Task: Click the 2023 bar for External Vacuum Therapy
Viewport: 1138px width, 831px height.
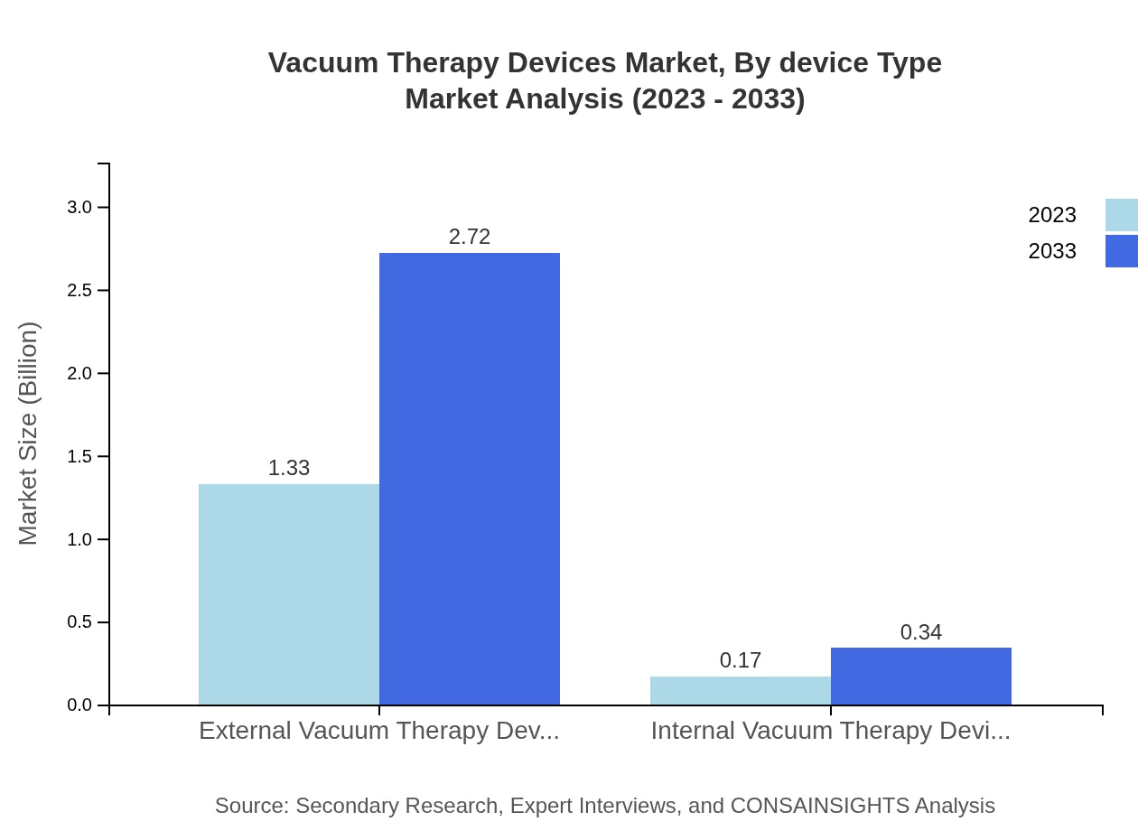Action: tap(289, 594)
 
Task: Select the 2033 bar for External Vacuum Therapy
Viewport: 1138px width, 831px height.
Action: tap(470, 479)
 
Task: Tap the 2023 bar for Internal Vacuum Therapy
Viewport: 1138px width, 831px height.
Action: tap(741, 691)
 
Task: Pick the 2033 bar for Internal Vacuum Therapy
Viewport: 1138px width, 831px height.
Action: tap(921, 677)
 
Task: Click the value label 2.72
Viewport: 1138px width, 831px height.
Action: tap(470, 237)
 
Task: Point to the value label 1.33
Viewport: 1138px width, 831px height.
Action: tap(289, 468)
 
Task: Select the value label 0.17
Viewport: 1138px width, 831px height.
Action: tap(741, 660)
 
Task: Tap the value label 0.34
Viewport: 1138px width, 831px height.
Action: tap(921, 632)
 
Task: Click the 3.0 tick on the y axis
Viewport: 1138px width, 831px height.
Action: tap(79, 207)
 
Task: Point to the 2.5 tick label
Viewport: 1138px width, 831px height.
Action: tap(79, 290)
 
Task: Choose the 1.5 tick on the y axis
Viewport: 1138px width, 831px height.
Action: tap(79, 456)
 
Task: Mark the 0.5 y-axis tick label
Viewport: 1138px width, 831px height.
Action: tap(79, 622)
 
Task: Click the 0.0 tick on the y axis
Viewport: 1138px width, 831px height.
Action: tap(79, 705)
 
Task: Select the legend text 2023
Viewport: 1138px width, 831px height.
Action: tap(1052, 215)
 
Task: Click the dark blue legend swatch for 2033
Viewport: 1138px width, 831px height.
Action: tap(1122, 251)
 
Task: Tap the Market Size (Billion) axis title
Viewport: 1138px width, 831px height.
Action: tap(28, 434)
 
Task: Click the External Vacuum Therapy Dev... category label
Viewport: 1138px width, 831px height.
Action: tap(379, 731)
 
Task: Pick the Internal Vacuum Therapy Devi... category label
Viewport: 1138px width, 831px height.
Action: tap(831, 731)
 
